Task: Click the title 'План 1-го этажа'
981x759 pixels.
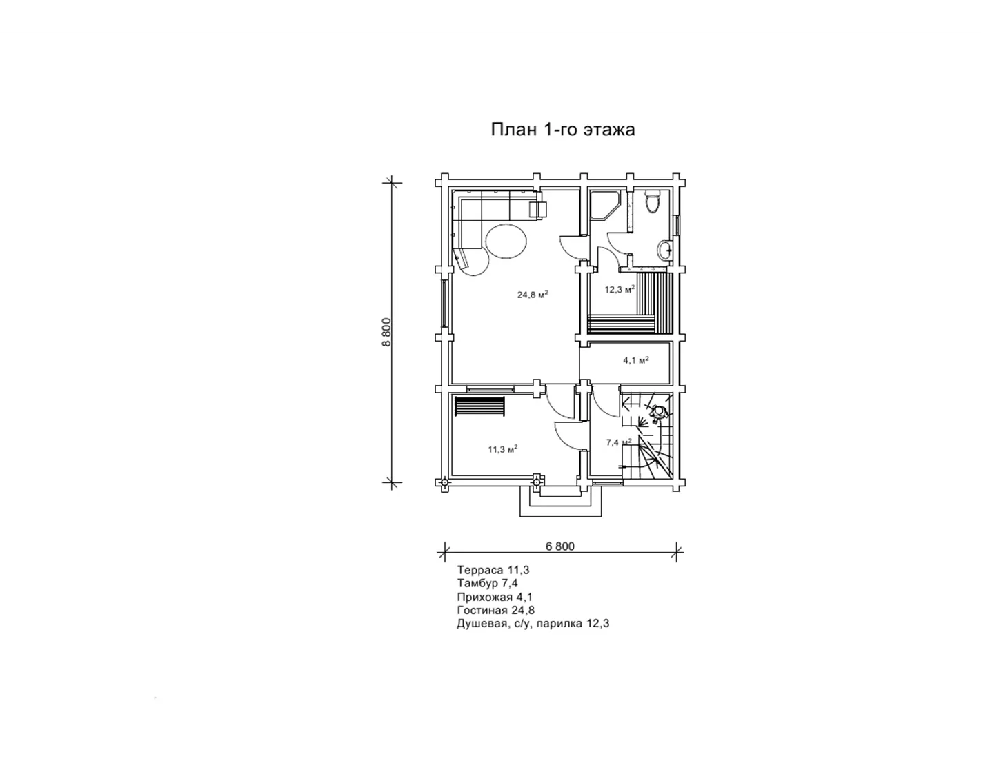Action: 562,130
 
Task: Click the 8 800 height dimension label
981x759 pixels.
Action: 386,332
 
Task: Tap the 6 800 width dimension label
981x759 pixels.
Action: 559,546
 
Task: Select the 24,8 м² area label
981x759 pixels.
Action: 533,295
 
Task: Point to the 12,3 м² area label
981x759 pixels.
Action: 620,289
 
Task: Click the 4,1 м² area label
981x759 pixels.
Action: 636,360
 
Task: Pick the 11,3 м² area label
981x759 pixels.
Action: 502,449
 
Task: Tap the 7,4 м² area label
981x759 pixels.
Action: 619,442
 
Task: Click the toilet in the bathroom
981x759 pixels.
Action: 652,202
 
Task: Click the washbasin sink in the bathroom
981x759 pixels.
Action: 664,250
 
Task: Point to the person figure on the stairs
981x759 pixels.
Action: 657,413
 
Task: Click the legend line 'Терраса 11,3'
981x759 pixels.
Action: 493,570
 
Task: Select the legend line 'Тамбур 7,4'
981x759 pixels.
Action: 488,584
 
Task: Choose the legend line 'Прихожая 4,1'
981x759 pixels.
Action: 495,598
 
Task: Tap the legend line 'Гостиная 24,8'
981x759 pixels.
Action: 496,611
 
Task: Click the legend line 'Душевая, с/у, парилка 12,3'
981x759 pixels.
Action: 533,624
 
